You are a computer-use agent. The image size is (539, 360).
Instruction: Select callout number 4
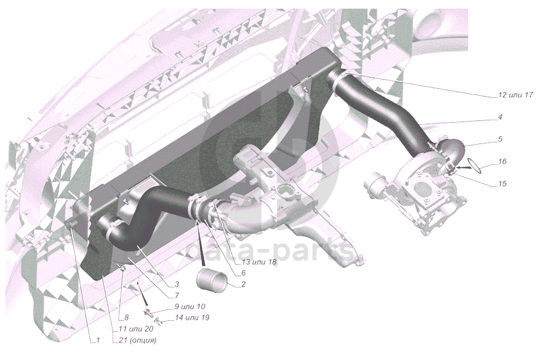500,117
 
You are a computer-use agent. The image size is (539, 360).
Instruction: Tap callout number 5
500,139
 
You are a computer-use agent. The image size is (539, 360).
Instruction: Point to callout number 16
502,161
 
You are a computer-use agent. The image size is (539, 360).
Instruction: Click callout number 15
502,183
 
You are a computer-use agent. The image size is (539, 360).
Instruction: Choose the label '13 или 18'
257,262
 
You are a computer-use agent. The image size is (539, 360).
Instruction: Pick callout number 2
243,283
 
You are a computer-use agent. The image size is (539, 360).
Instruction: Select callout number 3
176,284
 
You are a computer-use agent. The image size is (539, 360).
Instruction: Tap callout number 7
176,295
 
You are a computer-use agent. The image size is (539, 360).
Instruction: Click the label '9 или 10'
190,307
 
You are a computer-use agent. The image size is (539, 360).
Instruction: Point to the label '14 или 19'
192,318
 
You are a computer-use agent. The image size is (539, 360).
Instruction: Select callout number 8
126,318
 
